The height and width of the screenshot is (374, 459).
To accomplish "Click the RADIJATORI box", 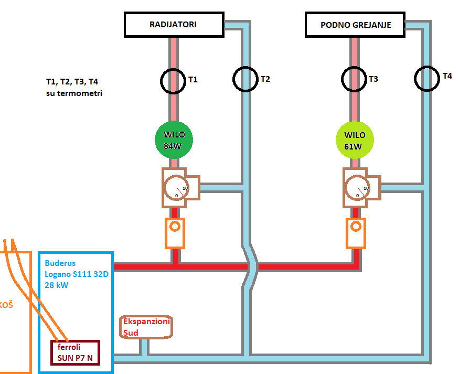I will (x=173, y=24).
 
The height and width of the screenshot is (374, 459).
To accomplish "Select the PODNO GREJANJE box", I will (x=355, y=25).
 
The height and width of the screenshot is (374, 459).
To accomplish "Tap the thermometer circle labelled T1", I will (x=173, y=80).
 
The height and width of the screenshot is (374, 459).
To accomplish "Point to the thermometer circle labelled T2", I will (x=245, y=79).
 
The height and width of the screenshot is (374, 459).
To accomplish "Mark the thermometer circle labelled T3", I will (x=354, y=79).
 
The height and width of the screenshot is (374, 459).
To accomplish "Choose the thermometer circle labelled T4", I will (x=427, y=78).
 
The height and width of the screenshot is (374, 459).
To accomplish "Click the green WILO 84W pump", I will (x=174, y=140).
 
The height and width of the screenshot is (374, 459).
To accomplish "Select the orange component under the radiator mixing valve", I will (x=175, y=233).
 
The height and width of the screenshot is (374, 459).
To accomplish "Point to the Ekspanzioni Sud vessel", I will (x=146, y=327).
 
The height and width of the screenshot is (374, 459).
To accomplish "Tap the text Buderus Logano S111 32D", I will (x=77, y=268).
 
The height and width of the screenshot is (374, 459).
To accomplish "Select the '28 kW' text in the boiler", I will (x=56, y=285).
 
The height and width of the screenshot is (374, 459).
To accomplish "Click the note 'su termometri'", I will (x=74, y=93).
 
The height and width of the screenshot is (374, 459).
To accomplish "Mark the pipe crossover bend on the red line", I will (x=251, y=266).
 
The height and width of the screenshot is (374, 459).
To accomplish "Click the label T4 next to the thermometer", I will (x=447, y=76).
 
